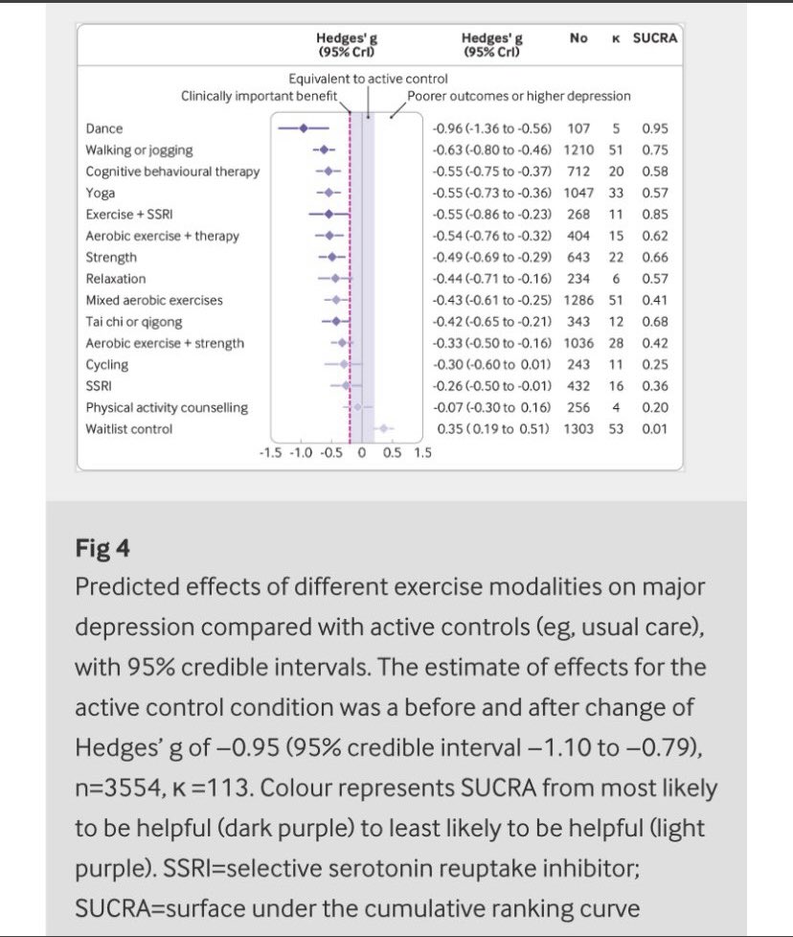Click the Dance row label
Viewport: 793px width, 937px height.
(x=104, y=128)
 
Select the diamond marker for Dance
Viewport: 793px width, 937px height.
(x=304, y=127)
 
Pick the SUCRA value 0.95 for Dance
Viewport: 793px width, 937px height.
(x=655, y=128)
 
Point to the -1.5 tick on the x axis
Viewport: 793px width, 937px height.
(x=271, y=453)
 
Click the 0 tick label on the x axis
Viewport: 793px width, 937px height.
(x=362, y=453)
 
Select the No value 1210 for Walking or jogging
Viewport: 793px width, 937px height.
(x=578, y=149)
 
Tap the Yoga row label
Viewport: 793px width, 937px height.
(x=101, y=193)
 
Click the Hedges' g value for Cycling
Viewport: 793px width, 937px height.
(x=494, y=364)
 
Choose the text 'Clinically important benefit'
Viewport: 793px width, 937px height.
(x=260, y=96)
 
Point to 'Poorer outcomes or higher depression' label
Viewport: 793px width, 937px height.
(x=519, y=96)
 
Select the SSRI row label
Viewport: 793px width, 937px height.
(x=101, y=386)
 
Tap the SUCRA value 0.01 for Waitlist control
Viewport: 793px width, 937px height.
(x=655, y=428)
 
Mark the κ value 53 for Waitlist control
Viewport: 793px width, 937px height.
(x=615, y=428)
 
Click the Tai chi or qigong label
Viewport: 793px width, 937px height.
(x=134, y=322)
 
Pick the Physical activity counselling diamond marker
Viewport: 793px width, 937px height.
(x=357, y=407)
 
